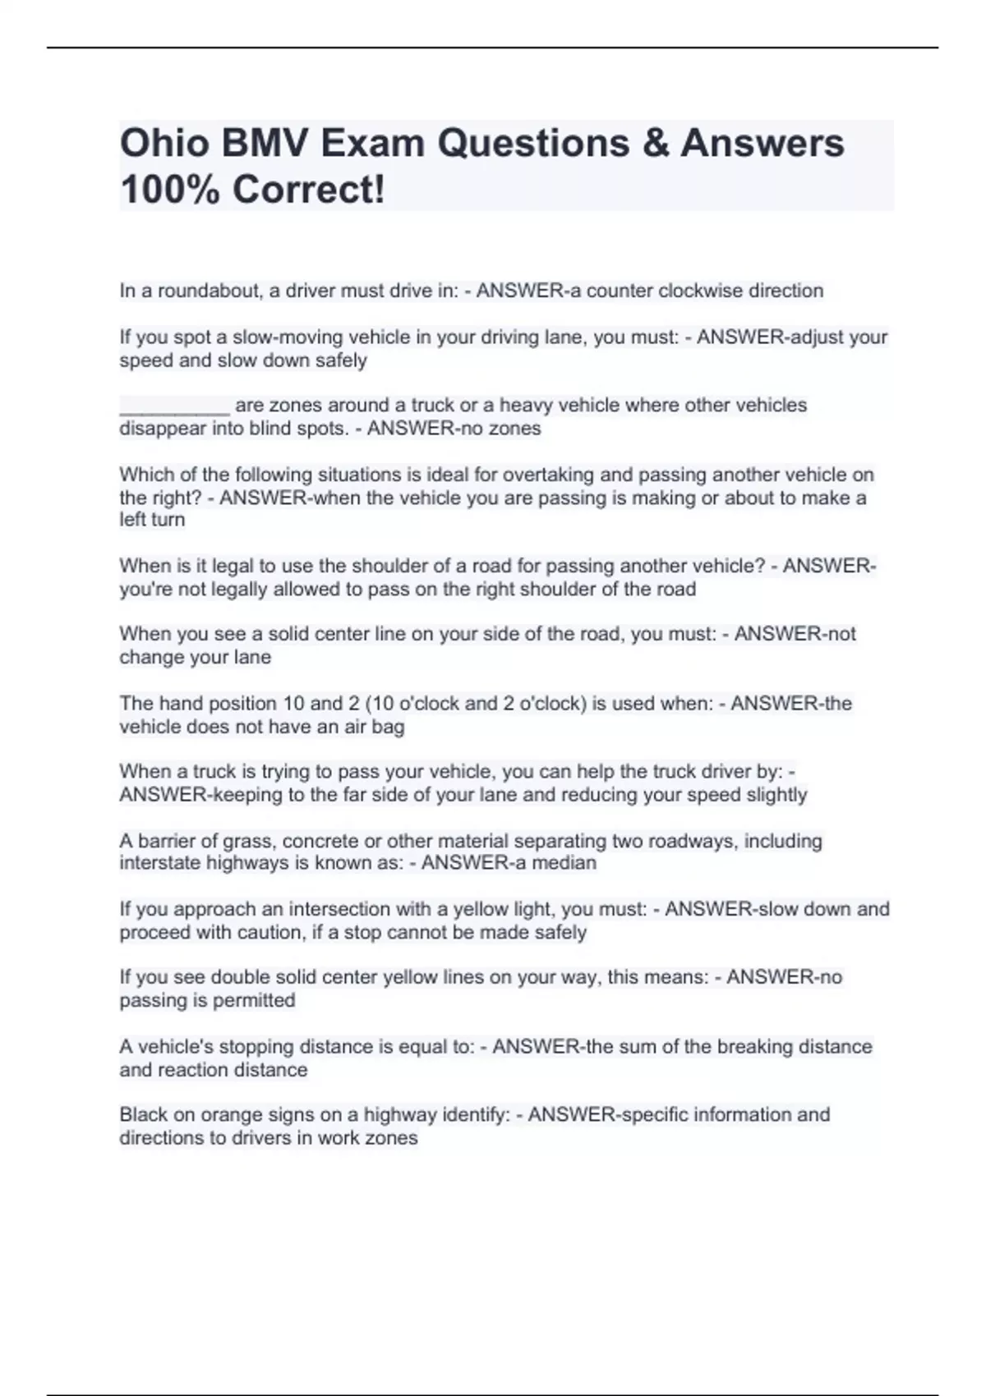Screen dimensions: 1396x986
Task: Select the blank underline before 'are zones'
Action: click(x=174, y=406)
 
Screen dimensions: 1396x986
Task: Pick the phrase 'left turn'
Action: click(x=152, y=520)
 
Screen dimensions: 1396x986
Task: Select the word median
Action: click(x=568, y=863)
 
